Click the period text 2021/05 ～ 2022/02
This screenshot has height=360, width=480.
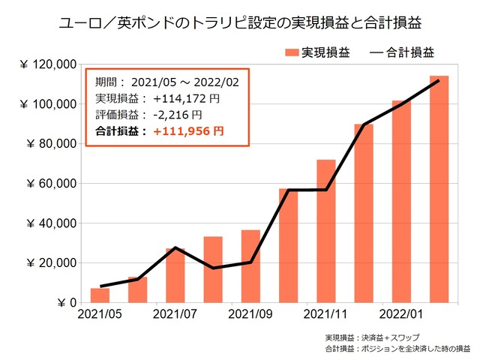point(186,82)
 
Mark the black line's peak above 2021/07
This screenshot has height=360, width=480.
point(175,247)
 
